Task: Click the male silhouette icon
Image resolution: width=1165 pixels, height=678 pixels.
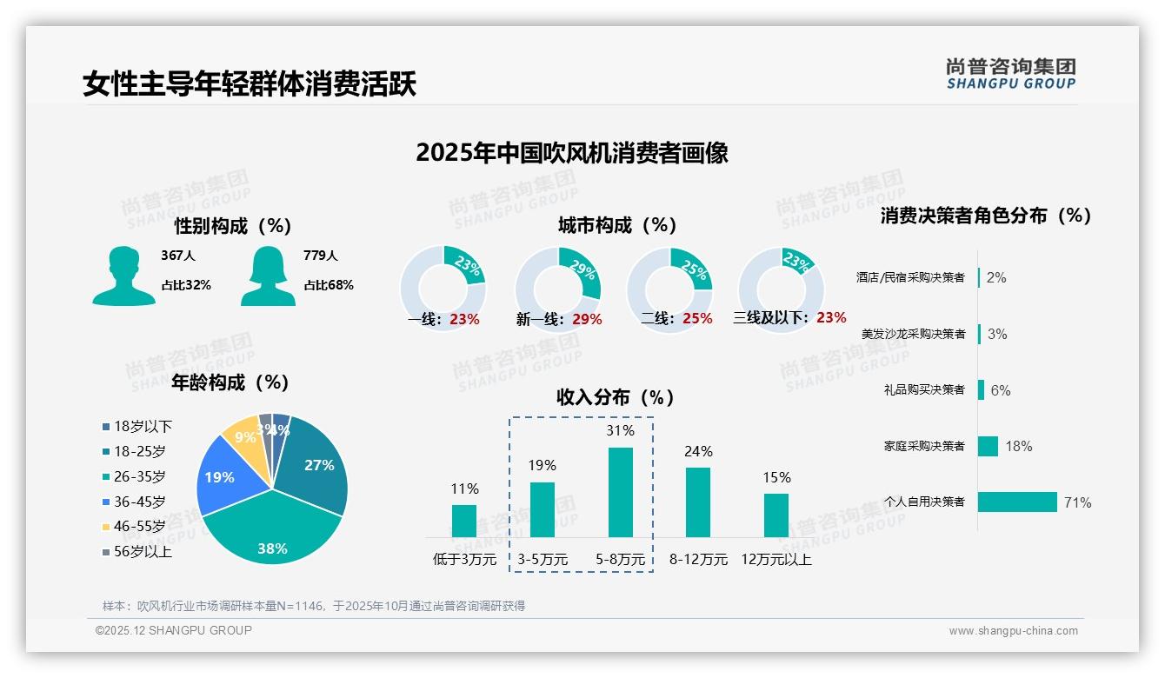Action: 123,276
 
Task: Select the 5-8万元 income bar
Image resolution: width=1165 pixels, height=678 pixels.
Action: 620,492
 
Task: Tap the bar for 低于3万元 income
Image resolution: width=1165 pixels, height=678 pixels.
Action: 464,521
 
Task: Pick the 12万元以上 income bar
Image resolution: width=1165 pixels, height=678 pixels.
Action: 776,515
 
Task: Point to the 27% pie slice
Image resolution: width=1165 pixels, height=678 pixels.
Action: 314,465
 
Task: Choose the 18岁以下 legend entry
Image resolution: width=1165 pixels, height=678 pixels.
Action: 137,427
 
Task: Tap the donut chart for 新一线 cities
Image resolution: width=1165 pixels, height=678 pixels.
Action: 558,289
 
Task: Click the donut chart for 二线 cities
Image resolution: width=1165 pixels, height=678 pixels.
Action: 669,289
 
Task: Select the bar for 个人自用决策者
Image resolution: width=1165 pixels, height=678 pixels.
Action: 1017,502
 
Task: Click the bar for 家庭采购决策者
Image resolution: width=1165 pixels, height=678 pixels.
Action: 988,446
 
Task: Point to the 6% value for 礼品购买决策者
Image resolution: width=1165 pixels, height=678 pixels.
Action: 1001,390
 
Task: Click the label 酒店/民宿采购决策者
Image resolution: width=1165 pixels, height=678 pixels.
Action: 910,277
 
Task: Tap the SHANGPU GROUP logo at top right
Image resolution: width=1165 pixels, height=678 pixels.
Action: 1010,74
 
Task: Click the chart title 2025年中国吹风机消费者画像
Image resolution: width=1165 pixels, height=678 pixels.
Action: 572,153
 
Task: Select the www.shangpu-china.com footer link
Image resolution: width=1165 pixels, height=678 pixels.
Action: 1013,631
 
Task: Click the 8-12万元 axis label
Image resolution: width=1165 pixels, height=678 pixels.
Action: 698,560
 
